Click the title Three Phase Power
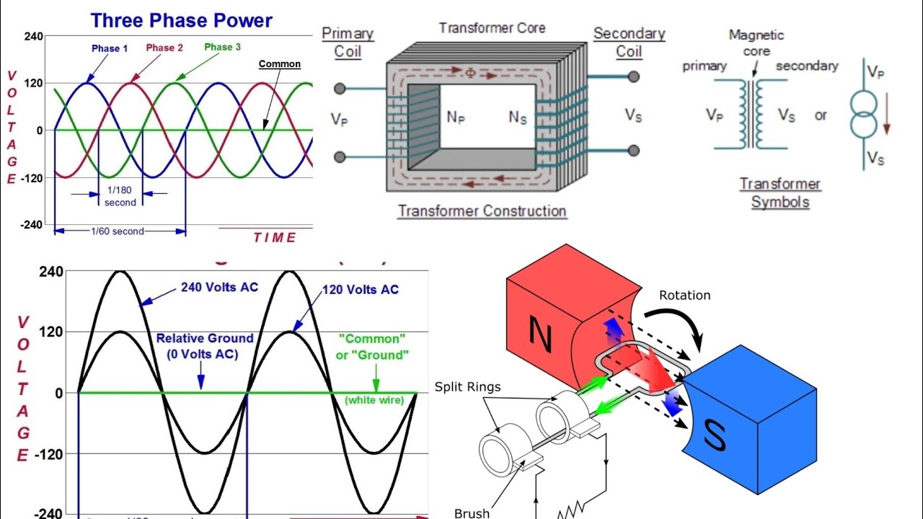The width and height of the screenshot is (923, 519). click(x=181, y=19)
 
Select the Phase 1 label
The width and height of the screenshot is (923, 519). click(x=110, y=49)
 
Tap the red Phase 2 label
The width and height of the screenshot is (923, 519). click(x=164, y=48)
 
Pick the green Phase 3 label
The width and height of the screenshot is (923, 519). click(x=218, y=48)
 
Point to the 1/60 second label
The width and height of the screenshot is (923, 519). click(x=118, y=231)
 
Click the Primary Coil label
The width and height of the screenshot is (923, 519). click(x=348, y=42)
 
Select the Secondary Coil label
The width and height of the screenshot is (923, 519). click(x=629, y=42)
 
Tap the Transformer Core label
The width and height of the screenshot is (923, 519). click(x=493, y=28)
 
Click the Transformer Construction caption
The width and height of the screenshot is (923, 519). click(x=482, y=211)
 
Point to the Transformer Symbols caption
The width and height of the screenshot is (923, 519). click(x=780, y=192)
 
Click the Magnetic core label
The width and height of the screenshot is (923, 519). click(x=756, y=43)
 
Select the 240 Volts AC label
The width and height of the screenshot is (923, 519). click(x=219, y=287)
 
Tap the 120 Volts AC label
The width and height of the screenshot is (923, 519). click(x=361, y=290)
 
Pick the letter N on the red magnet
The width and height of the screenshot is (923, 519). click(x=540, y=332)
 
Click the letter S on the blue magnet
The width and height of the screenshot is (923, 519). click(x=714, y=435)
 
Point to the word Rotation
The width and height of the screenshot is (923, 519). click(x=684, y=296)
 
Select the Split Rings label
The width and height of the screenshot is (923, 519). click(x=467, y=387)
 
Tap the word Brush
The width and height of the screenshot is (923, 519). click(x=472, y=513)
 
